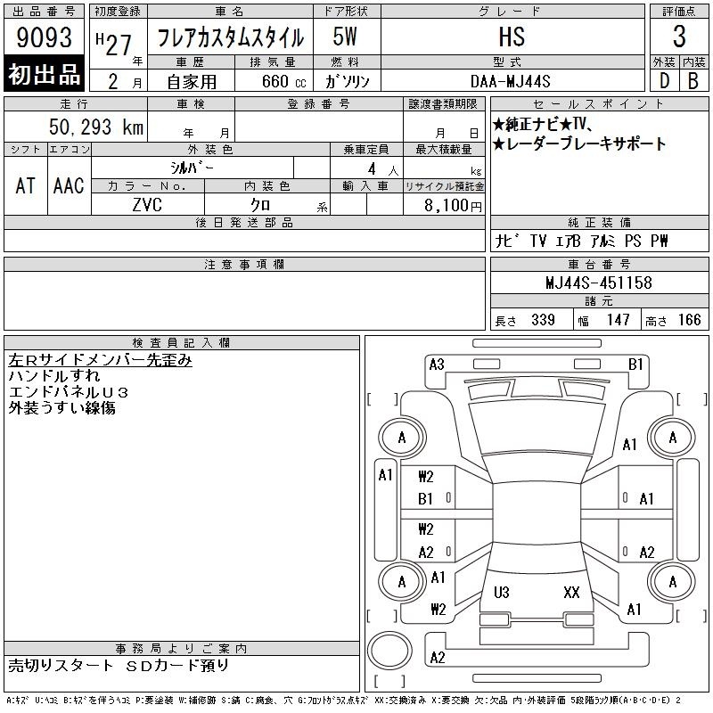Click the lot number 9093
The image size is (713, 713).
[44, 37]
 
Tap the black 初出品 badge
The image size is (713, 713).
[44, 74]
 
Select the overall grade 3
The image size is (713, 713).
[679, 37]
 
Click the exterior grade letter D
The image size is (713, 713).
[664, 81]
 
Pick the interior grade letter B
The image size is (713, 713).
[693, 81]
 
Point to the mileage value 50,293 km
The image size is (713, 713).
[96, 127]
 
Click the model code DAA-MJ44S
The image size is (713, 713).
[511, 81]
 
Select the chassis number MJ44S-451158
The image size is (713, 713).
[599, 283]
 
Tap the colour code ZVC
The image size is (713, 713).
[147, 205]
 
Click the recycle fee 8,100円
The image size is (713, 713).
[453, 206]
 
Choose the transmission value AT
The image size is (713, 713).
[25, 186]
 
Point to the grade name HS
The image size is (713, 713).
[512, 37]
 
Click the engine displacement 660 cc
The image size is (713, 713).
[283, 81]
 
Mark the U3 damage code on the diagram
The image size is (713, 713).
[502, 592]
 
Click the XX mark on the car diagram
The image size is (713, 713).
[571, 592]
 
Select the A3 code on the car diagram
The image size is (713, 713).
[437, 365]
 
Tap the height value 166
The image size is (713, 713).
[689, 320]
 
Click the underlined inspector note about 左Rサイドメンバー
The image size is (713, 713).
[100, 360]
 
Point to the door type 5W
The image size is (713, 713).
[345, 37]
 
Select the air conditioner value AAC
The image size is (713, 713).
[69, 186]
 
